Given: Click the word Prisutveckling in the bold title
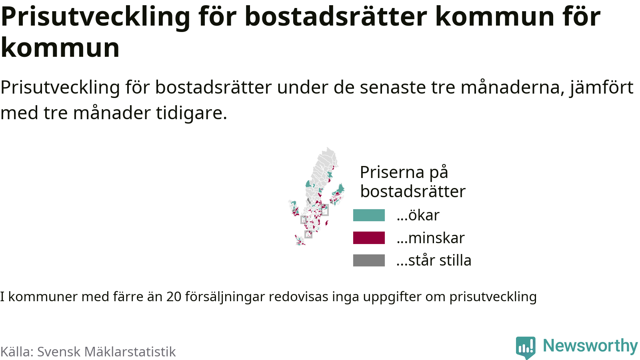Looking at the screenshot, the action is point(96,16).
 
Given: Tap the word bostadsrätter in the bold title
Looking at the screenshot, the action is point(336,16).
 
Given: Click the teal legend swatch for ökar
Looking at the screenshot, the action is point(368,215).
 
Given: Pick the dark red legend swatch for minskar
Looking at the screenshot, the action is point(368,238).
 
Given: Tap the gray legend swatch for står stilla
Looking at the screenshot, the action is point(368,260).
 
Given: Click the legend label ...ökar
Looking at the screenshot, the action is point(418,215).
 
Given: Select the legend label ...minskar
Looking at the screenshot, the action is point(430,238).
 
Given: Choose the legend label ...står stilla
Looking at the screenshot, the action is point(434,260).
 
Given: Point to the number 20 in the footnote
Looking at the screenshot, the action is point(174,296).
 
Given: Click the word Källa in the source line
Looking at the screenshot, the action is point(17,352).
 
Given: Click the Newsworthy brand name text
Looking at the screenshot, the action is point(590,346).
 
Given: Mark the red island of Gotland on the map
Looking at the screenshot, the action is point(326,222).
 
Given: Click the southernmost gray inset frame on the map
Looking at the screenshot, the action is point(308,234).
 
